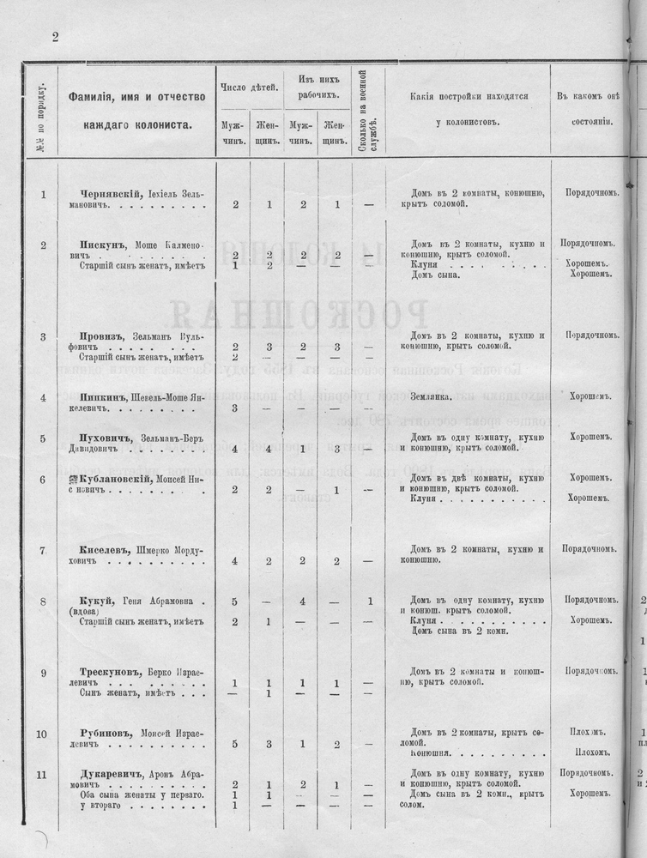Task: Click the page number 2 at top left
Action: [54, 36]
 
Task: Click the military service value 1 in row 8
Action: [369, 601]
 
